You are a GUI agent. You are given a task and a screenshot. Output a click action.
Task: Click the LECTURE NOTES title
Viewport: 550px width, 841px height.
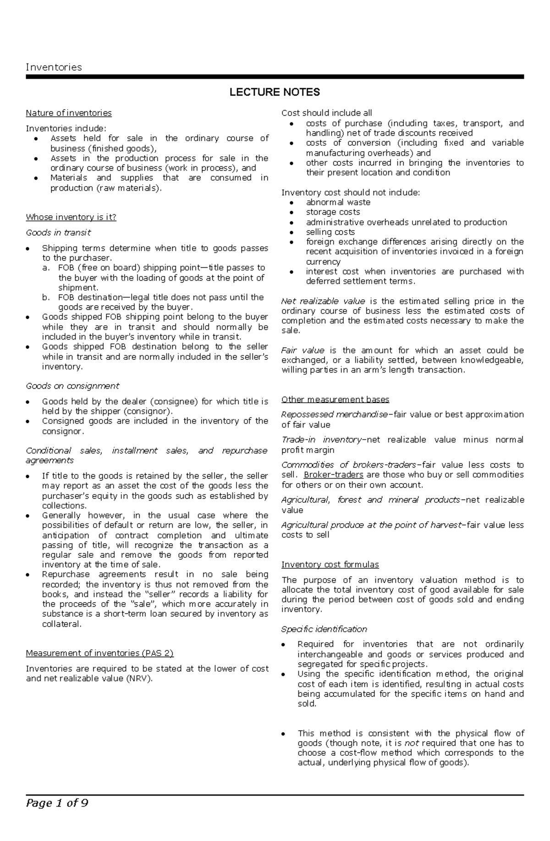pos(275,92)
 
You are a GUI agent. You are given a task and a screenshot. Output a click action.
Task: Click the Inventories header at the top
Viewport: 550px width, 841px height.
pos(54,67)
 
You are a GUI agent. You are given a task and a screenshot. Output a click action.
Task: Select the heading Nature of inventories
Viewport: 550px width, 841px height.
pos(69,113)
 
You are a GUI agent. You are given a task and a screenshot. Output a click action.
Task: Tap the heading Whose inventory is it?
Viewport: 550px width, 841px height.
pos(71,217)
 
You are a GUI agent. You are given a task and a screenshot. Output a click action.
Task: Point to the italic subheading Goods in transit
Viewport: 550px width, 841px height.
pos(58,232)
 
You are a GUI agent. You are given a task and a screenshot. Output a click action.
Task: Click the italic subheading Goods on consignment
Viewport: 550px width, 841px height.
pos(72,386)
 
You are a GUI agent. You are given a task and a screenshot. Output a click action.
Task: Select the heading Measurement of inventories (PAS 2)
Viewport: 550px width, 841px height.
pos(100,653)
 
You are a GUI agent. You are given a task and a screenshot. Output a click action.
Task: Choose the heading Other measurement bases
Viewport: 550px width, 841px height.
pos(335,399)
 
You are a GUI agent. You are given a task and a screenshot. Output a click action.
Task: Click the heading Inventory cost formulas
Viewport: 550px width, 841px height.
pos(330,565)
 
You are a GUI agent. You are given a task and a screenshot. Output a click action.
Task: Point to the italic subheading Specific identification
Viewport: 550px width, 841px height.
pos(324,629)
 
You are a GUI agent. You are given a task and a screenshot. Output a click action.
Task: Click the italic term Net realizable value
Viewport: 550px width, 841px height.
pos(323,301)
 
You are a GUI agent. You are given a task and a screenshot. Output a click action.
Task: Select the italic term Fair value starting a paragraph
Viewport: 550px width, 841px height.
pos(302,350)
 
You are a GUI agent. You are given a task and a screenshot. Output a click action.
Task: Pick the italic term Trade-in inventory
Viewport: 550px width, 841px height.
pos(321,440)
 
